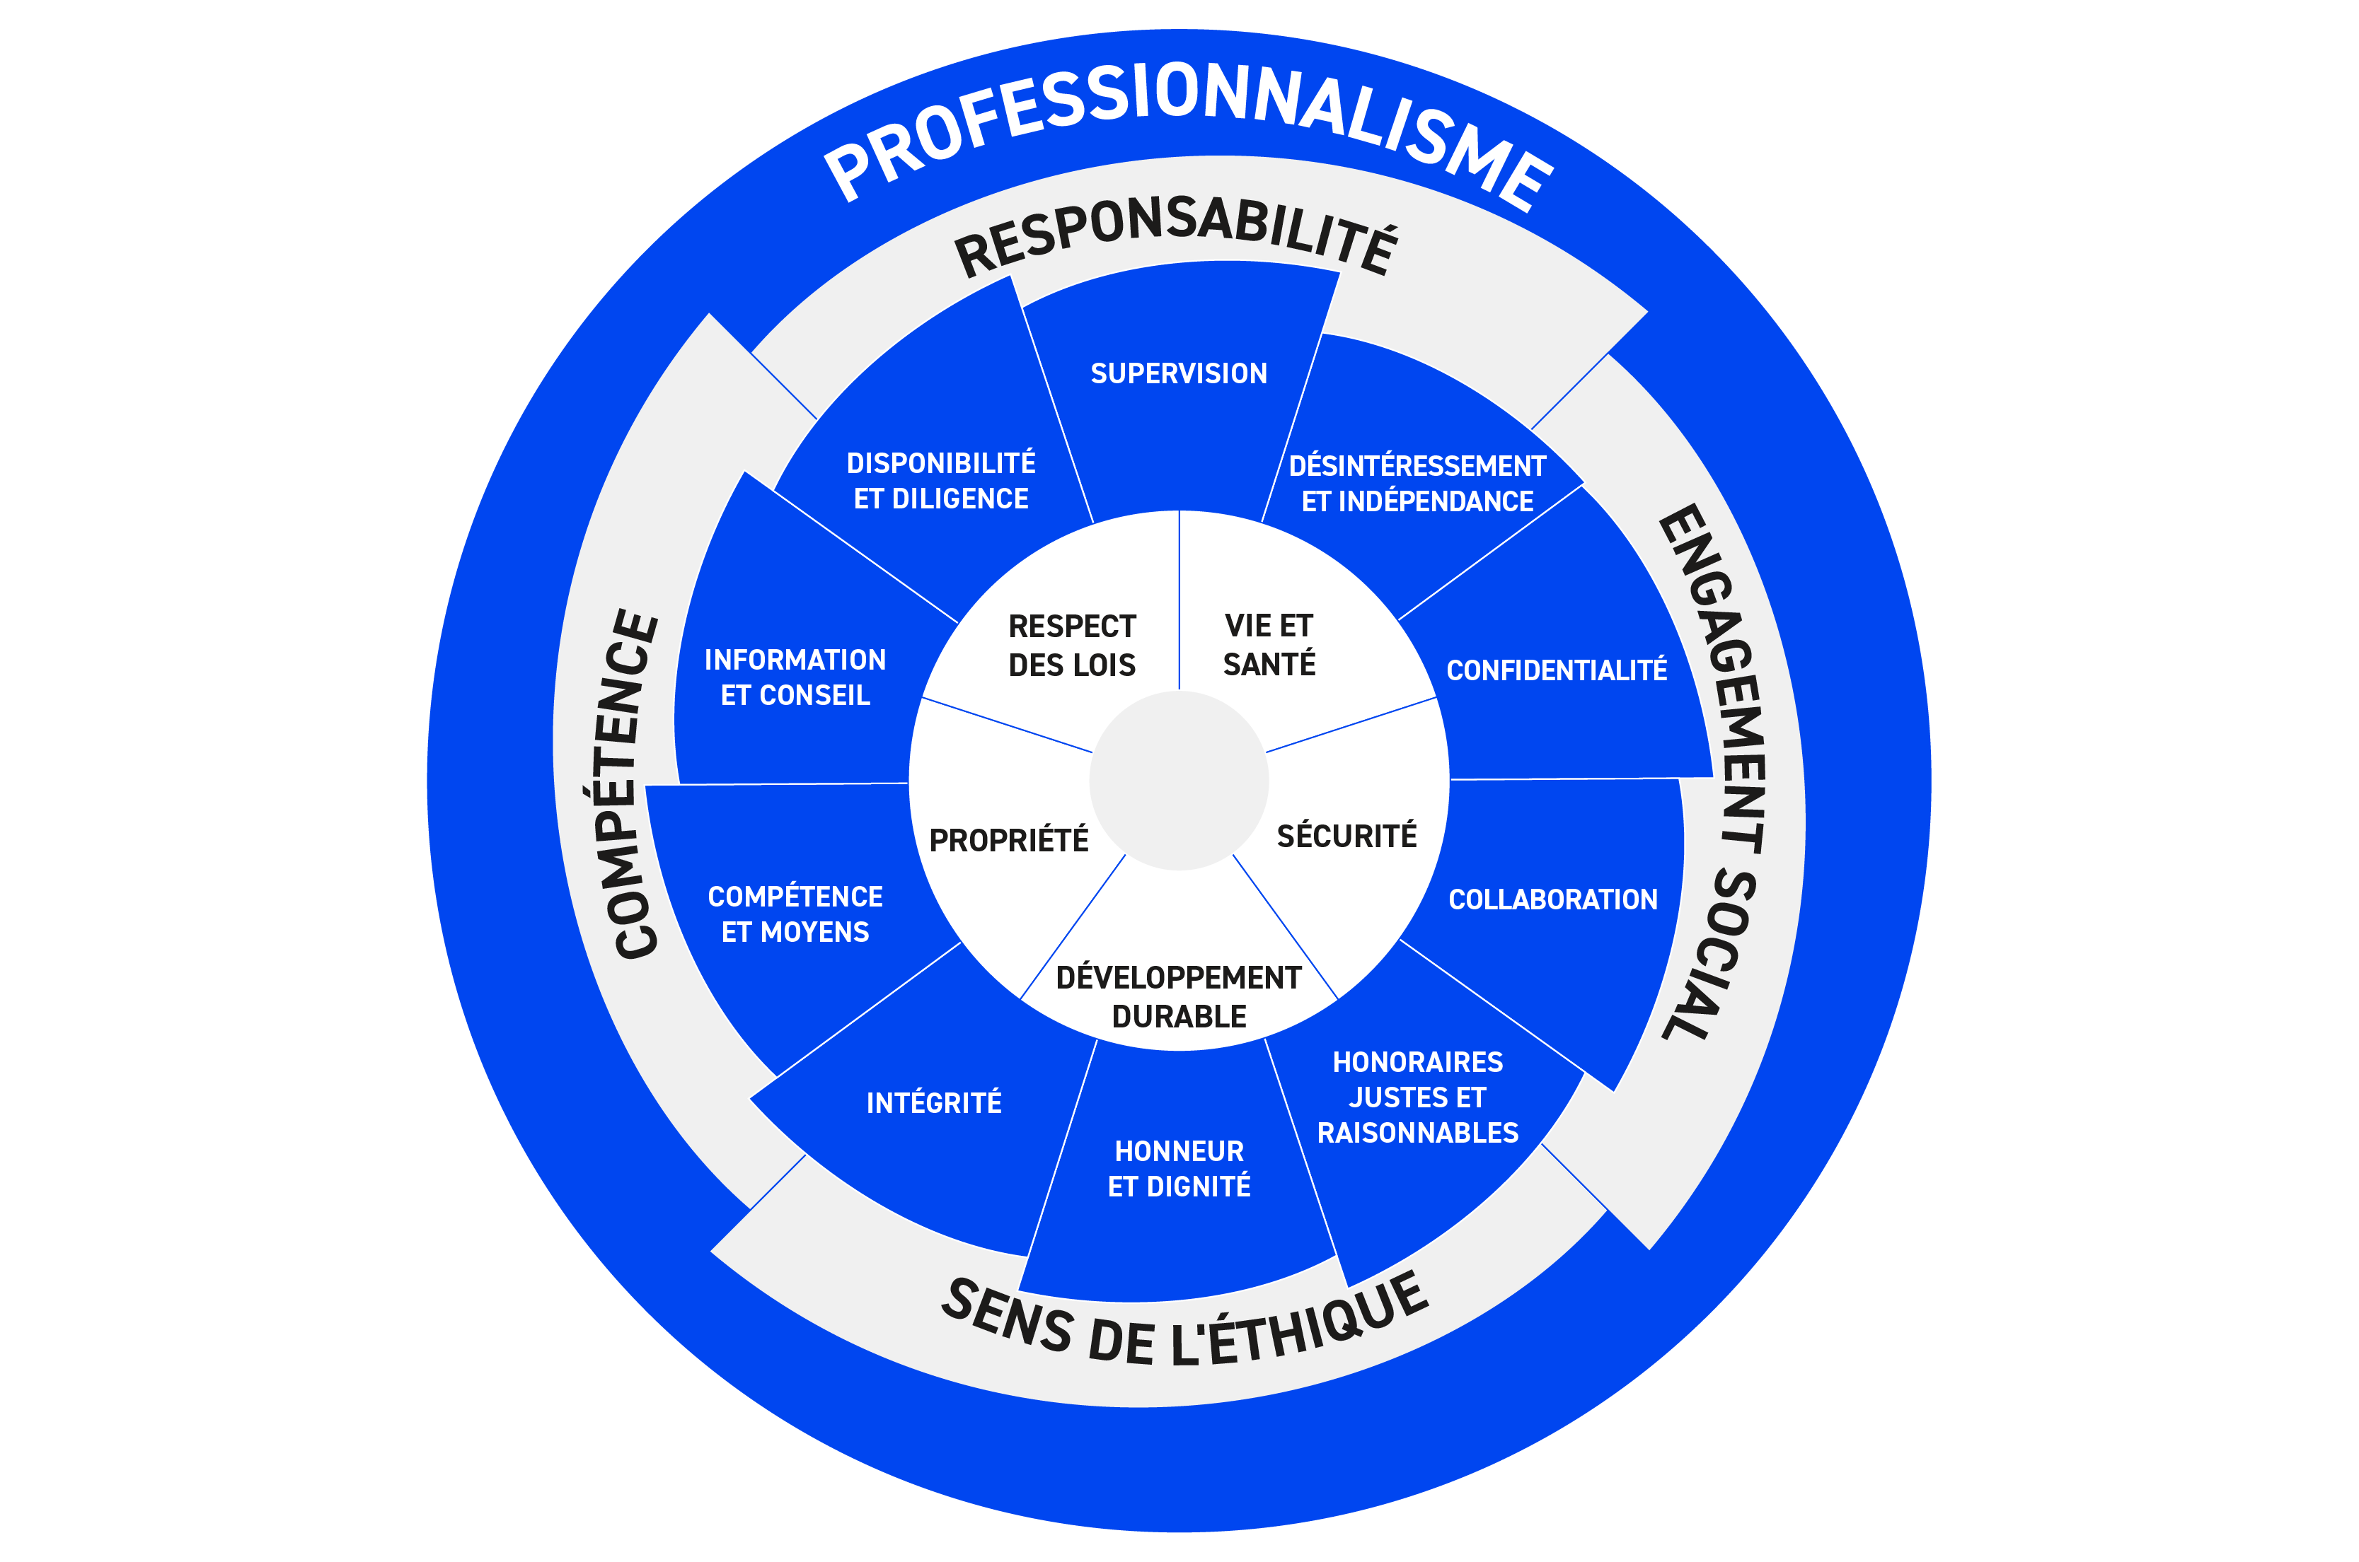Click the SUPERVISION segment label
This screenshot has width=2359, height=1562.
click(1178, 373)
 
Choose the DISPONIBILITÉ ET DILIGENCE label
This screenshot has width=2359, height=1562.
click(941, 481)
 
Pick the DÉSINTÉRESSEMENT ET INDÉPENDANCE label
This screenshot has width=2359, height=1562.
click(1417, 483)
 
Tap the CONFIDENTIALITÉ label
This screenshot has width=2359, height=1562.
click(1556, 670)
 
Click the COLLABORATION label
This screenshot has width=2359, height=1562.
click(1552, 899)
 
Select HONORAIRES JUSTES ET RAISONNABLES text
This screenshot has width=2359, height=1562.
click(1417, 1097)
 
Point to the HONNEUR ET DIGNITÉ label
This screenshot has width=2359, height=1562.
click(1179, 1169)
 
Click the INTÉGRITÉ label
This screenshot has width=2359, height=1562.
click(934, 1104)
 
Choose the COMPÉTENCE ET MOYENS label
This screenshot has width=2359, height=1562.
click(795, 914)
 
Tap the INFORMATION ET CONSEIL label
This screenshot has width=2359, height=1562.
click(795, 677)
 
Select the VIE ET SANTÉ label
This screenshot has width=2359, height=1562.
click(1269, 644)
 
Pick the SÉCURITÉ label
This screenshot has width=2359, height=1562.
click(1346, 836)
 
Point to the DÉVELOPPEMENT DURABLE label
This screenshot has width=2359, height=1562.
click(1178, 996)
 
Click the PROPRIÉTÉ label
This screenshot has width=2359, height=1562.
click(1008, 841)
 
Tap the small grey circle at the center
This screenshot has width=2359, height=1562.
click(1178, 781)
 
